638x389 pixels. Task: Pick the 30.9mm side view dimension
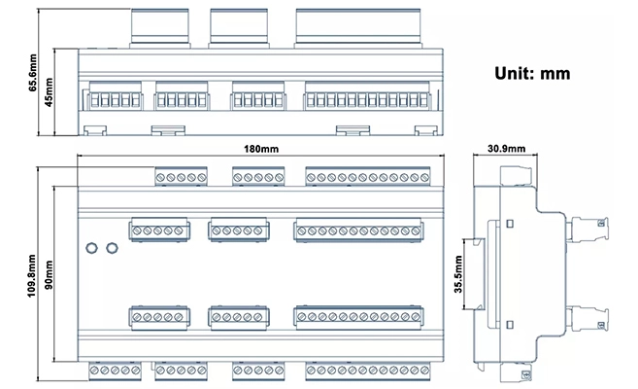tap(506, 149)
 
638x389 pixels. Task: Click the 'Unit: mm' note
tap(531, 73)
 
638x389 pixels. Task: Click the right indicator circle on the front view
tap(112, 247)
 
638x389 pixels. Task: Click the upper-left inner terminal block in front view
tap(158, 230)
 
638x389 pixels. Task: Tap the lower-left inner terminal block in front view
tap(158, 317)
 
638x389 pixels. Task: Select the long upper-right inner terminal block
tap(359, 230)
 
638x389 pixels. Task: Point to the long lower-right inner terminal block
tap(359, 317)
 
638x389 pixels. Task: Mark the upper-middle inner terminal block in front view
tap(234, 230)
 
